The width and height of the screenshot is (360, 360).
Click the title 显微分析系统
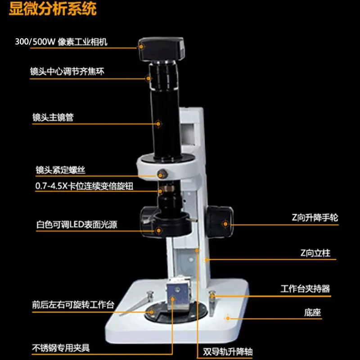click(53, 9)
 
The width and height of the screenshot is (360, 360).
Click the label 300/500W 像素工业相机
click(61, 42)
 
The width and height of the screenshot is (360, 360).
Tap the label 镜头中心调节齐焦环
click(67, 72)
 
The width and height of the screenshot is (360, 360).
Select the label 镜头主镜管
click(53, 117)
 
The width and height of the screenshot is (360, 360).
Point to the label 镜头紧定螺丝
click(60, 170)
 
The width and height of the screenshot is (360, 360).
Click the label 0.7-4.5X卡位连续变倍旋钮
click(84, 186)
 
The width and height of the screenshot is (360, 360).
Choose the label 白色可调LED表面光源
click(76, 224)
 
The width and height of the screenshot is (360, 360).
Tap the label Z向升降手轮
click(315, 217)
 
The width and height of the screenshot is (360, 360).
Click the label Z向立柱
click(315, 253)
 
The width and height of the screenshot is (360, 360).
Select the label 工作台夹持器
click(305, 288)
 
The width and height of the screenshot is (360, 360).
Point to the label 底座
click(312, 312)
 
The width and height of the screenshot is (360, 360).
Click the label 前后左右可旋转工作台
click(73, 305)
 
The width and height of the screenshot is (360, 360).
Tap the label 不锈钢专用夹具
click(61, 348)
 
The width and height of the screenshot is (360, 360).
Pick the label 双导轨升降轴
click(228, 351)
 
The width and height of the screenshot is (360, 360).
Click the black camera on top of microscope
click(161, 49)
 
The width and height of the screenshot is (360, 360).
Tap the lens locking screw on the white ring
click(162, 174)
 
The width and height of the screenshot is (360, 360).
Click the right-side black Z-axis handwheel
click(220, 221)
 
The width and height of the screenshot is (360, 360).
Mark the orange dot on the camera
click(141, 47)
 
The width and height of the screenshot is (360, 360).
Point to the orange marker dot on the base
click(228, 318)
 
